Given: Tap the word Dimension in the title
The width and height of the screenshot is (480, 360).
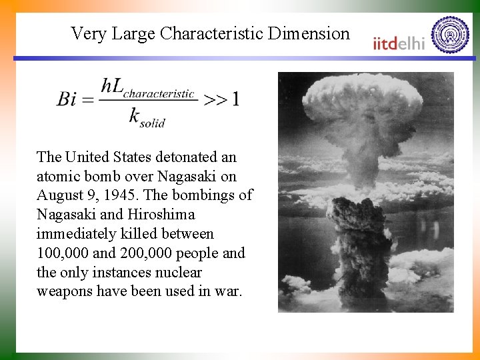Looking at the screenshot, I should [x=310, y=33].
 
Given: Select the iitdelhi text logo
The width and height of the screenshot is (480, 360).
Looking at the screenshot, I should [x=398, y=43].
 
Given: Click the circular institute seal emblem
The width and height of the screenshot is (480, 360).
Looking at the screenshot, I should [x=451, y=35].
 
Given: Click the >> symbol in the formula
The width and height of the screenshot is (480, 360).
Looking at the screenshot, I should [x=215, y=99].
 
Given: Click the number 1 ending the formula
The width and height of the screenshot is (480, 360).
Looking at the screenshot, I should [x=235, y=99].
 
